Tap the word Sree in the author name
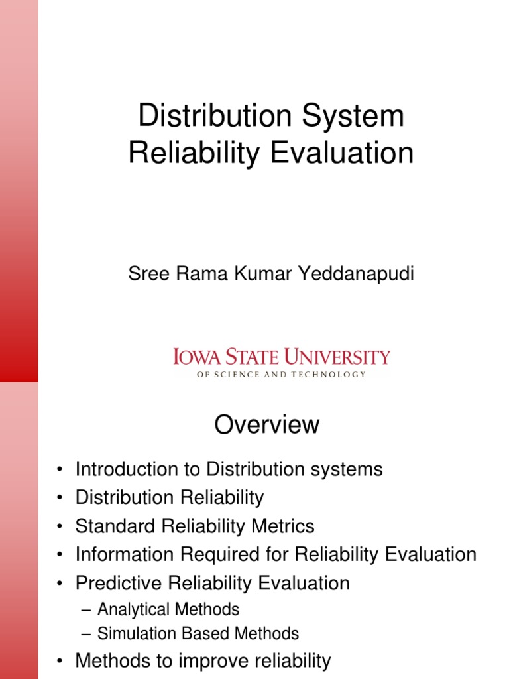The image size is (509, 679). coord(144,274)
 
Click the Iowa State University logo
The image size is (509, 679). coord(282,358)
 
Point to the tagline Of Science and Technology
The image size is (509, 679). coord(282,375)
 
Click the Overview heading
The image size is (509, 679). coord(267,425)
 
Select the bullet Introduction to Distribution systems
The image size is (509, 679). coord(229,469)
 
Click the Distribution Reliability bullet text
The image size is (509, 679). coord(170,497)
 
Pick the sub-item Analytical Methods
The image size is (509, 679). coord(168,609)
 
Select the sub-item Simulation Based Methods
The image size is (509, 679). coord(198,633)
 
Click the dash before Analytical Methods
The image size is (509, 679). coord(85,609)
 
